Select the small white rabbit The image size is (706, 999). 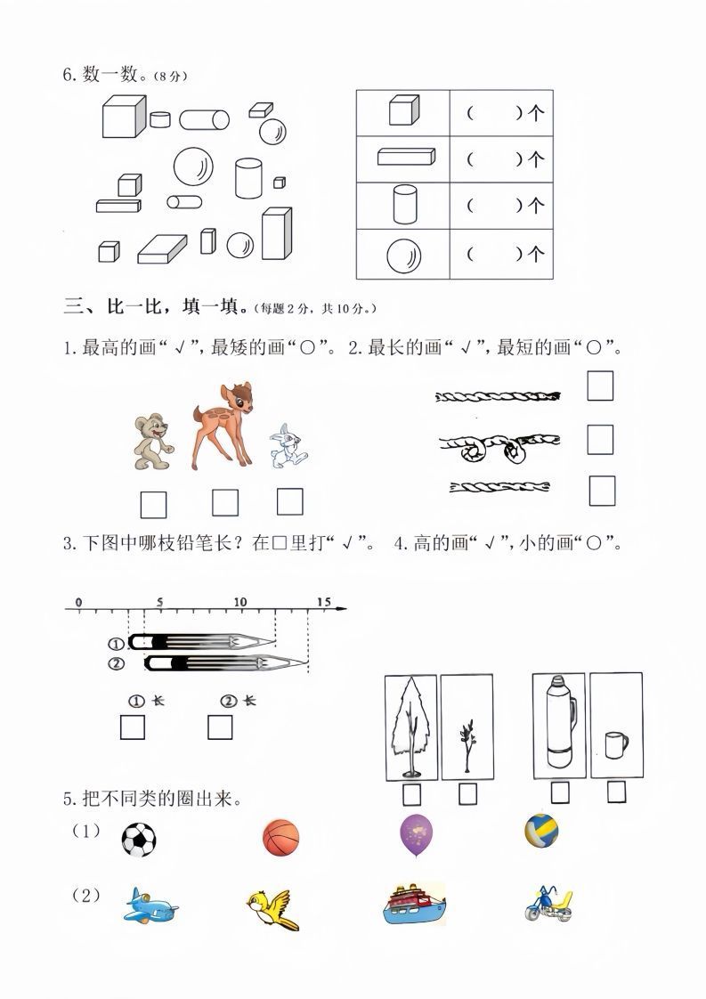tap(288, 447)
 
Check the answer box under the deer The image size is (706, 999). tap(225, 503)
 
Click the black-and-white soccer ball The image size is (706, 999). tap(138, 839)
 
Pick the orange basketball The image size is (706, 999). tap(281, 839)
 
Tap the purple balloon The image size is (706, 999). tap(416, 835)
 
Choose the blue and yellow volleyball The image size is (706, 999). tap(541, 831)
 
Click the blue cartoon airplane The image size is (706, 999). tap(150, 906)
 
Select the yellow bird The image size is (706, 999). tap(272, 908)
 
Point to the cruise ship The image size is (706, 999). tap(413, 906)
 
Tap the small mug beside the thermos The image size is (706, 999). tap(615, 744)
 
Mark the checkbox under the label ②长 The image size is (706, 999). tap(220, 727)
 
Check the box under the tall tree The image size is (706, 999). tap(412, 793)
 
